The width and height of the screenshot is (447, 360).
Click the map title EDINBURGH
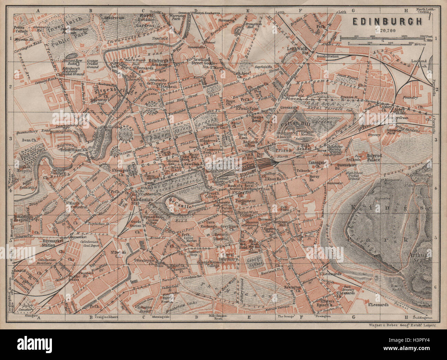click(387, 21)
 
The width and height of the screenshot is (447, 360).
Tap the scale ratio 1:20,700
click(388, 30)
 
